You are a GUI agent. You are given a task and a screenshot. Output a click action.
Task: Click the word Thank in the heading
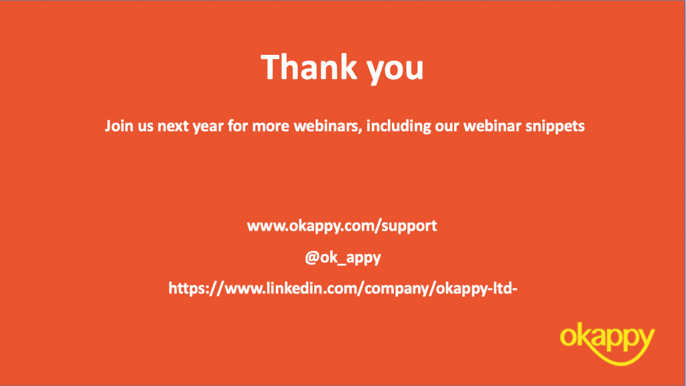(308, 67)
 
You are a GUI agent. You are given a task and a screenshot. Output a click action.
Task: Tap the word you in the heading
(395, 70)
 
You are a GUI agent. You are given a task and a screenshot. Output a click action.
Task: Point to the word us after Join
(145, 127)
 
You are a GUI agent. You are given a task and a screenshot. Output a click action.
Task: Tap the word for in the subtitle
(238, 126)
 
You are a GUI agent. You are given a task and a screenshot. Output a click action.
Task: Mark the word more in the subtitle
(271, 127)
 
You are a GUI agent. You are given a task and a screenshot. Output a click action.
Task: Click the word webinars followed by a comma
(328, 126)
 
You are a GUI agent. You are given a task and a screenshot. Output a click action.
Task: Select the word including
(399, 127)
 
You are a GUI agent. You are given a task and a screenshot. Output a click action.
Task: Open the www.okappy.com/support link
(342, 227)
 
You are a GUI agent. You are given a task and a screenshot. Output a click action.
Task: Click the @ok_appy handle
(342, 257)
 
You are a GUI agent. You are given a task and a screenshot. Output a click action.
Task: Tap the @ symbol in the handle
(312, 257)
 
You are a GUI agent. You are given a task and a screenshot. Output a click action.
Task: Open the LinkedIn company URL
(343, 288)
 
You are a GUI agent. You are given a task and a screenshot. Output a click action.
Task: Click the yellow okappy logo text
(607, 338)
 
